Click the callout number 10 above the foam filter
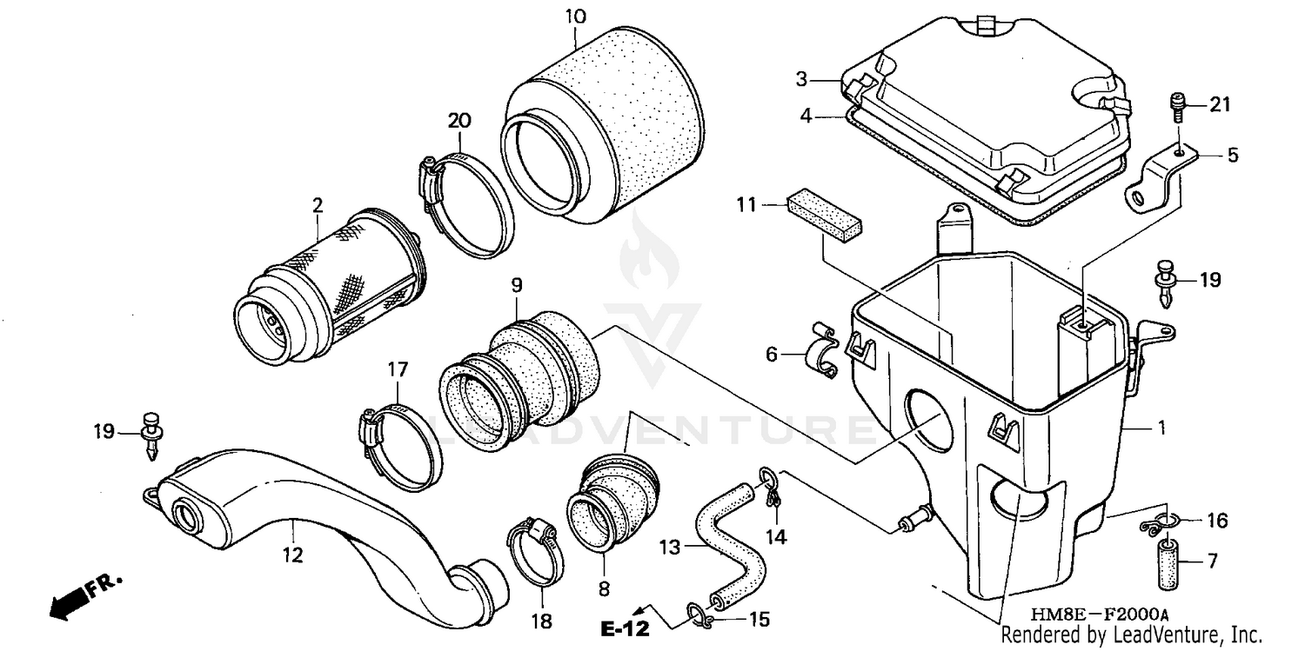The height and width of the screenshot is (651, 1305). (575, 17)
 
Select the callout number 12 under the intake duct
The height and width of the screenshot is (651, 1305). (293, 554)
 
